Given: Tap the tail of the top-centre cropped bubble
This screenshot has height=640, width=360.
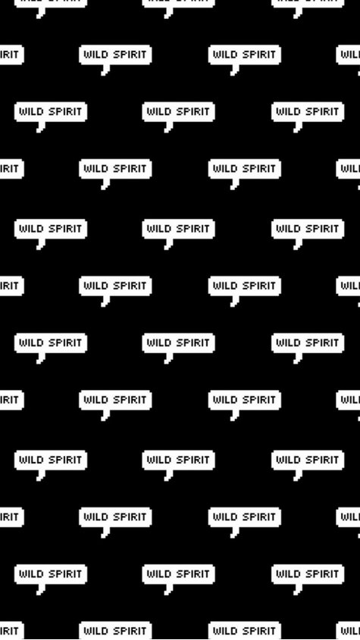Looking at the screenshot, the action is coord(168,14).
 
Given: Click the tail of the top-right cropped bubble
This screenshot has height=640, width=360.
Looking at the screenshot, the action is coord(297,14).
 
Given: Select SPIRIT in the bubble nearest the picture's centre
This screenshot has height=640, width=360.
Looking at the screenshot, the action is coord(192,342).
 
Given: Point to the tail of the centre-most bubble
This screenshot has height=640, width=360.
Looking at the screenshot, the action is coord(168,358).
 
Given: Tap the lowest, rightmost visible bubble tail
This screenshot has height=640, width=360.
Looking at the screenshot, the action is coord(297,589).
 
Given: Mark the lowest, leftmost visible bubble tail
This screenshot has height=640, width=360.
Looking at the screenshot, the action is coord(40,589).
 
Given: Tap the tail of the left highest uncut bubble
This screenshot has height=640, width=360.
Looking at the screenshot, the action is coord(105,70).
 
